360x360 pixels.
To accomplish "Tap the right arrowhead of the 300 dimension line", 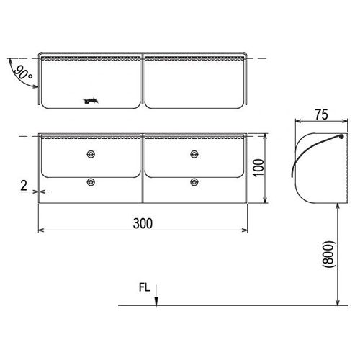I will pyautogui.click(x=247, y=230).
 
